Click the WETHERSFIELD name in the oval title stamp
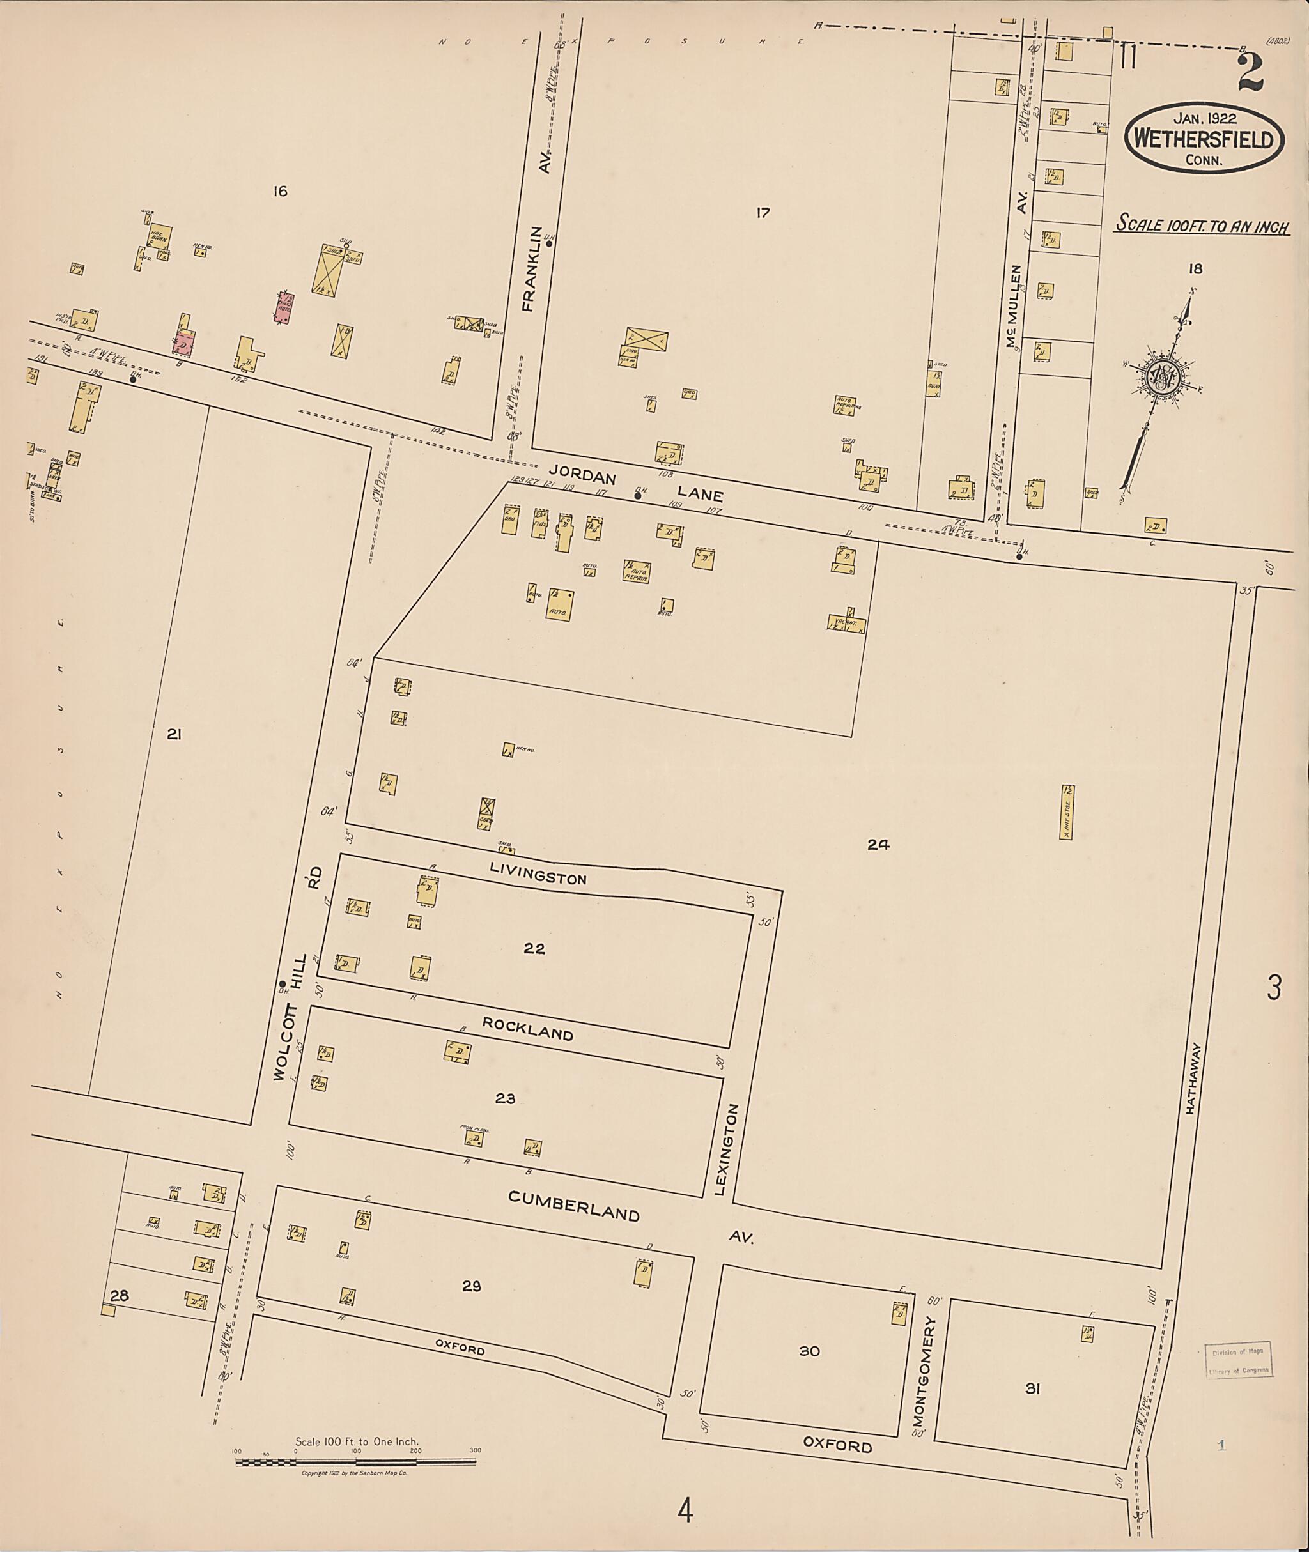click(x=1204, y=139)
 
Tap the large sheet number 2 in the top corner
click(x=1250, y=73)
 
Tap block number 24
click(x=879, y=844)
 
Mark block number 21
click(x=174, y=734)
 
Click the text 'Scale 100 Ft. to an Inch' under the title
click(x=1202, y=225)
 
